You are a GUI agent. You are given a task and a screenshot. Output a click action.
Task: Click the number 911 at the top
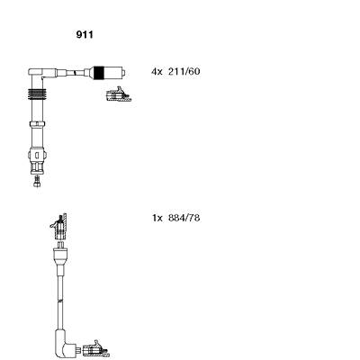tap(85, 35)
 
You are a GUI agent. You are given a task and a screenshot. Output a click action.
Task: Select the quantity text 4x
tap(157, 72)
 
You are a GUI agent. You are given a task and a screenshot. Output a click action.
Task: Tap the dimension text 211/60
tap(184, 72)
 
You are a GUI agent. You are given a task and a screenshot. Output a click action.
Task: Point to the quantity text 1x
tap(157, 218)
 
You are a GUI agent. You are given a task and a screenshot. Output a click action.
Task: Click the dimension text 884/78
tap(184, 218)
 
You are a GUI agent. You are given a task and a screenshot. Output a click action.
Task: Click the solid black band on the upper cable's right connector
tap(99, 73)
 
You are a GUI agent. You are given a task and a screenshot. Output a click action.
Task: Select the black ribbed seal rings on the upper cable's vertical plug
tap(37, 94)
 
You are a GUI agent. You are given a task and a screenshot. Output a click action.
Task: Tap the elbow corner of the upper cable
tap(35, 73)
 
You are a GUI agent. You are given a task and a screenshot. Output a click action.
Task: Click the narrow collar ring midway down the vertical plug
tap(37, 123)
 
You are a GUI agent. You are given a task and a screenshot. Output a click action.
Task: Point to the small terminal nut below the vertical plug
tap(37, 182)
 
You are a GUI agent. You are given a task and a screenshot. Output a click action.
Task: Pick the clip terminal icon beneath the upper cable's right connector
tap(118, 94)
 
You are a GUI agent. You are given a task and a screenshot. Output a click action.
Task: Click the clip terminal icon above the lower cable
tap(58, 226)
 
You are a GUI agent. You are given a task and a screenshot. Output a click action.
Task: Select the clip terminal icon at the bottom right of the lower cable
tap(96, 349)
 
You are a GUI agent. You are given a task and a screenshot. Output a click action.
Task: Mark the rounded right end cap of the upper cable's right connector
tap(123, 73)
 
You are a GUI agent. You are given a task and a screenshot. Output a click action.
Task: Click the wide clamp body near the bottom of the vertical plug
tap(37, 155)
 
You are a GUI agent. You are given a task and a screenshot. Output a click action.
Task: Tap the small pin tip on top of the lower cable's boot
tap(60, 244)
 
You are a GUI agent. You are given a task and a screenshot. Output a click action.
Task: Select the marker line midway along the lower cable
tap(60, 300)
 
